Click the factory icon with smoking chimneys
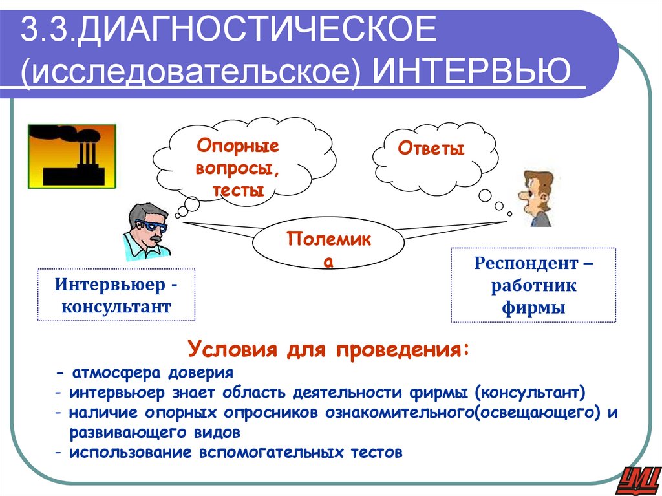click(x=71, y=156)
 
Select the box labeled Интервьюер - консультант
click(x=116, y=295)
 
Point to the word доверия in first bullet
click(x=200, y=373)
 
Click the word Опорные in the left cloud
click(x=237, y=145)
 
